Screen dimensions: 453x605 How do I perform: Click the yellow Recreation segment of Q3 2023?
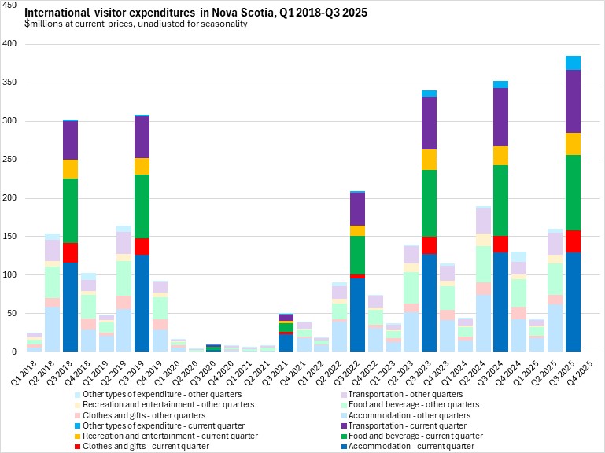point(429,160)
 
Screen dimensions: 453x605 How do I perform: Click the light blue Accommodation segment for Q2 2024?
point(483,323)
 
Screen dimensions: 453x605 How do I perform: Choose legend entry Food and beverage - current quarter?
point(416,435)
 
